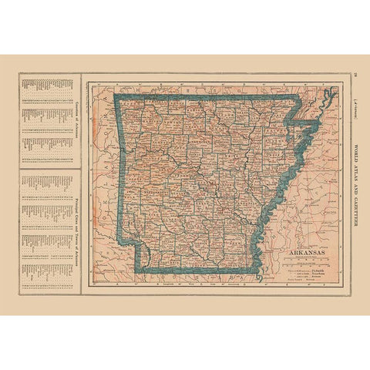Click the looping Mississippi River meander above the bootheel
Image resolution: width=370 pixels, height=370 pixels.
[328, 96]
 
